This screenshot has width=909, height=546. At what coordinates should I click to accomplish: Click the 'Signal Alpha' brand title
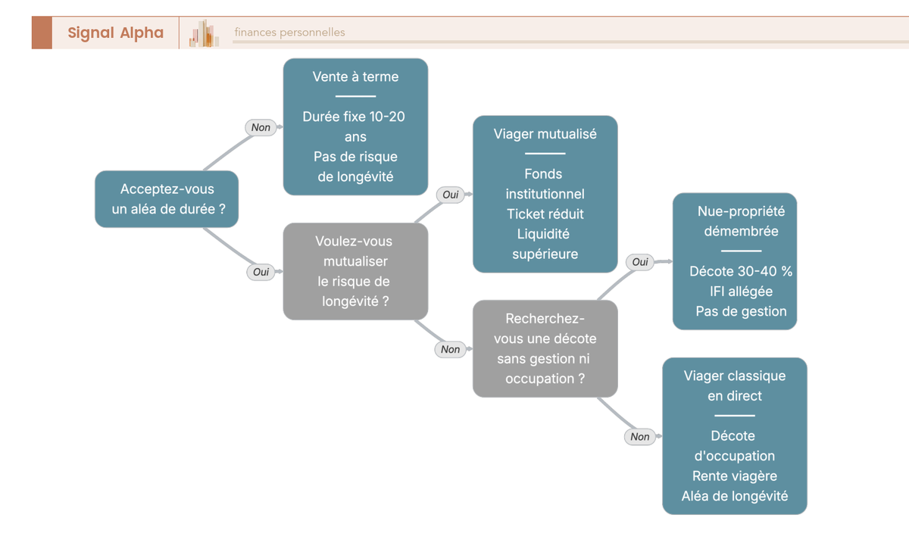point(116,33)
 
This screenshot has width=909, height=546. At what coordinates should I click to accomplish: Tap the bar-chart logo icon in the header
point(204,33)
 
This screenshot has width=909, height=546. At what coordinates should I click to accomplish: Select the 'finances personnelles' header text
point(289,32)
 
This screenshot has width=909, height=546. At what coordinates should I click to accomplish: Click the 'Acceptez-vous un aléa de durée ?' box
point(167,198)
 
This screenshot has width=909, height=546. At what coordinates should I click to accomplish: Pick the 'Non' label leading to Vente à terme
point(261,127)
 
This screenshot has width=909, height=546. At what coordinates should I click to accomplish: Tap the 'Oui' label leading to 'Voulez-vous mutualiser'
point(261,272)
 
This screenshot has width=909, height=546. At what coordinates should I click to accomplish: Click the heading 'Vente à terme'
point(355,76)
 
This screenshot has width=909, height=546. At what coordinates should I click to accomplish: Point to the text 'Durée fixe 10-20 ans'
point(354,126)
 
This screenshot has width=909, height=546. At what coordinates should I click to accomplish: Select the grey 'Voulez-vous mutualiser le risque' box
point(355,271)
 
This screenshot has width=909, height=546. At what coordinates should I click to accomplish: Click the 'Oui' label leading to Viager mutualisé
point(451,195)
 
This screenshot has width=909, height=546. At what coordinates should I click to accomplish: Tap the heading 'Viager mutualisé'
point(545,134)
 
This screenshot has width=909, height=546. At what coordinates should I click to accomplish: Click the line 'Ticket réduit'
point(545,214)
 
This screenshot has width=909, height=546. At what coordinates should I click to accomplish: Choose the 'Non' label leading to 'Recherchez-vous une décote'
point(451,349)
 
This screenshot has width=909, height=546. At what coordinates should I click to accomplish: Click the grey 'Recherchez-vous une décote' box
point(545,348)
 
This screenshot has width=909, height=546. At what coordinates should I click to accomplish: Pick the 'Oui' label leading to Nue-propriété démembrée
point(640,262)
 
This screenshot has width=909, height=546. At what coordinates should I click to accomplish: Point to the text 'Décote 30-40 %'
point(741,271)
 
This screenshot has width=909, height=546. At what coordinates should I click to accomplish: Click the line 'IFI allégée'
point(741,292)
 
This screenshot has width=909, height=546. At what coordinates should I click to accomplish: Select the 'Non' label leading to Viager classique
point(640,437)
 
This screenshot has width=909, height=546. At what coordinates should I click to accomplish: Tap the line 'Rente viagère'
point(735,476)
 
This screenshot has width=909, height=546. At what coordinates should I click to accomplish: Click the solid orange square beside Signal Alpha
point(42,33)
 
